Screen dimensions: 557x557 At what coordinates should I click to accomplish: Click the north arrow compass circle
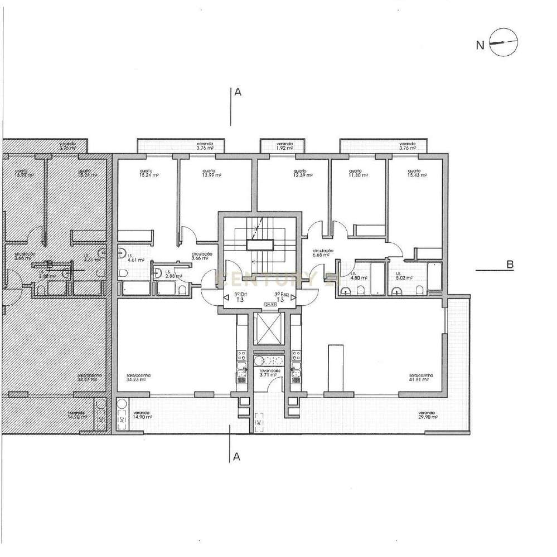[x=503, y=43]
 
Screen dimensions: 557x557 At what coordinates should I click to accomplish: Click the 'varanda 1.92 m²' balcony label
[x=284, y=146]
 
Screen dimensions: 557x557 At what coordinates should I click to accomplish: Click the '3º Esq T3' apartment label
[x=280, y=296]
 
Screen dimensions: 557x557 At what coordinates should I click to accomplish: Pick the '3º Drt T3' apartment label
[x=240, y=296]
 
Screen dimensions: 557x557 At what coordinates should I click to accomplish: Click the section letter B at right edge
[x=510, y=265]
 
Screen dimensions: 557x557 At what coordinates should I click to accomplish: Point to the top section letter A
[x=238, y=94]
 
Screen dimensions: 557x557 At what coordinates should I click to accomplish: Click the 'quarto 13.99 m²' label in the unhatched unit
[x=209, y=173]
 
